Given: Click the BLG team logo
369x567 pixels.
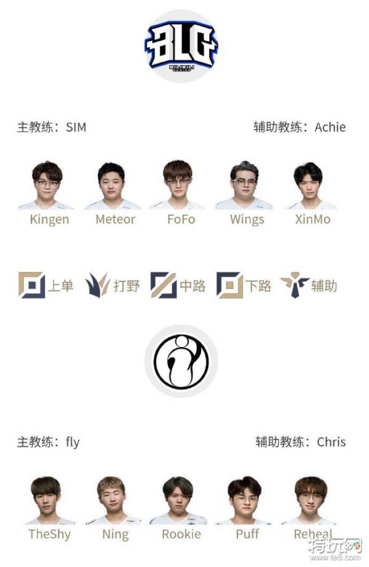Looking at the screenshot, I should (181, 46).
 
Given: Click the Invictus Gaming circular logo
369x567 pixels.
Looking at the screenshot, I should (181, 362).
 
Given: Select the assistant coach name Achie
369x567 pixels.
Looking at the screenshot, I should (330, 128).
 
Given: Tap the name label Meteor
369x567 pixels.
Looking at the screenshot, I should (115, 219).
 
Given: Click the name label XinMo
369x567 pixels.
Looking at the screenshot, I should (313, 219).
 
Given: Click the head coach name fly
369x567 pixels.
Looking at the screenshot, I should (73, 442).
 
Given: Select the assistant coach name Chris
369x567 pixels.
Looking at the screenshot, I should (331, 442).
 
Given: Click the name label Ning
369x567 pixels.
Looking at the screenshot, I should (115, 534).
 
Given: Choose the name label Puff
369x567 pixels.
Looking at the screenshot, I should (247, 534).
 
